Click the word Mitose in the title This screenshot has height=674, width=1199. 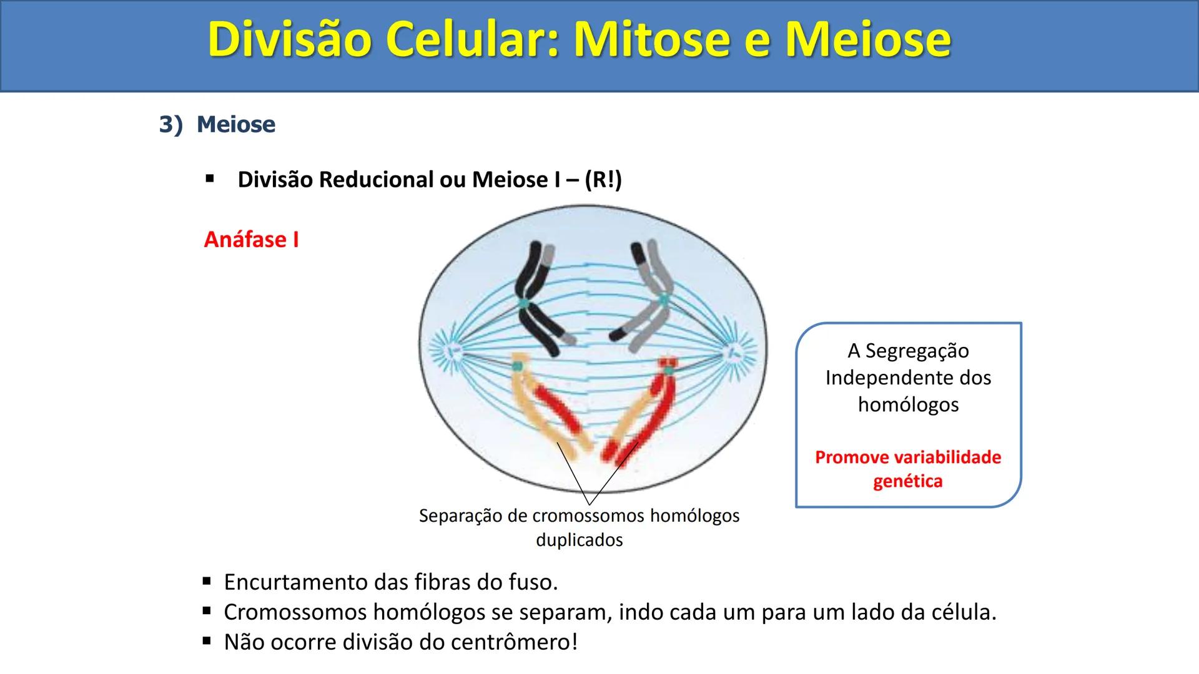pyautogui.click(x=651, y=40)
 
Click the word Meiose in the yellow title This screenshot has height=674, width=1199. pyautogui.click(x=868, y=40)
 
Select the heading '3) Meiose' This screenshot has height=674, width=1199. pyautogui.click(x=217, y=124)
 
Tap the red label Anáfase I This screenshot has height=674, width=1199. pyautogui.click(x=251, y=240)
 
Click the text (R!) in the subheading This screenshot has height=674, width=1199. pyautogui.click(x=603, y=180)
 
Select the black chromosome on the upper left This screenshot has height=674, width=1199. pyautogui.click(x=533, y=293)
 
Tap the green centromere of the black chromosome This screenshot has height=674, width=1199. pyautogui.click(x=523, y=304)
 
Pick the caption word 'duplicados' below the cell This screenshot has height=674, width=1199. pyautogui.click(x=579, y=540)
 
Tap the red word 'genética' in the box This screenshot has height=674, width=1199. pyautogui.click(x=907, y=482)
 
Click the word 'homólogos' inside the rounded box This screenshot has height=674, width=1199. pyautogui.click(x=908, y=405)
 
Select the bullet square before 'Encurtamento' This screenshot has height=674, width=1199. pyautogui.click(x=207, y=582)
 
